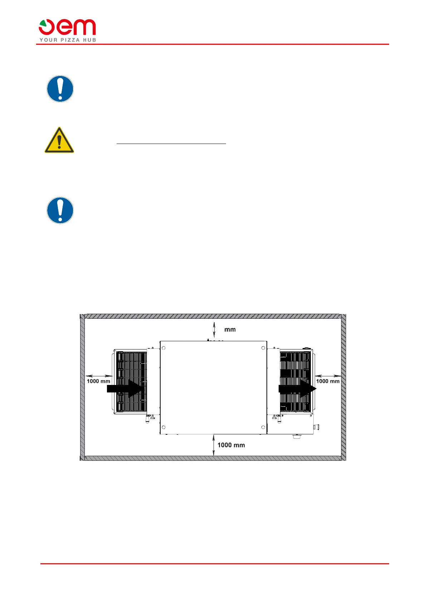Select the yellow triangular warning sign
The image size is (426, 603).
[59, 140]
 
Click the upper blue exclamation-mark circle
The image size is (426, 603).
[60, 89]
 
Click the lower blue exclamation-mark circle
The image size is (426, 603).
[60, 210]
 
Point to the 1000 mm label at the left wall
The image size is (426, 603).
[98, 381]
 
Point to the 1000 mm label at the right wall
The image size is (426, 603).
[328, 381]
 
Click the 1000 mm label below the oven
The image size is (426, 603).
[231, 445]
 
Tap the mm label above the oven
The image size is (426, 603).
[230, 329]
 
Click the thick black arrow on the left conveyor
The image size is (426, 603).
[126, 388]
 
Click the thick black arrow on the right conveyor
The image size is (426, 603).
[297, 389]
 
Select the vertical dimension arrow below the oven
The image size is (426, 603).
[214, 445]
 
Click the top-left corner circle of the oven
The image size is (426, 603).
[163, 348]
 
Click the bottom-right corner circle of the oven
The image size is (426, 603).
[263, 427]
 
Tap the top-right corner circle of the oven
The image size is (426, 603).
[263, 348]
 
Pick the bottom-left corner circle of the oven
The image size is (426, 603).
[163, 427]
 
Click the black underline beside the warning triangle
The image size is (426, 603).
[171, 144]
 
